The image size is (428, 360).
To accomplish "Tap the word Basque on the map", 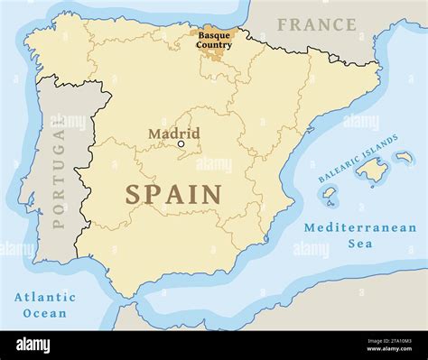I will [214, 34].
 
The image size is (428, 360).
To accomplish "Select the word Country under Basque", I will [214, 44].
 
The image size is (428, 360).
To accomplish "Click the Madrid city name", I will [173, 134].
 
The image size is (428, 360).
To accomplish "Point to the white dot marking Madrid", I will [181, 143].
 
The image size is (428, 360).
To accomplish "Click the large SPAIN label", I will [173, 194].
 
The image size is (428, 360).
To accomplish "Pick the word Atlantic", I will [45, 297].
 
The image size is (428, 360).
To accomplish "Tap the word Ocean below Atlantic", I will [45, 313].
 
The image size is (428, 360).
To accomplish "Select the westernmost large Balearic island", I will [330, 193].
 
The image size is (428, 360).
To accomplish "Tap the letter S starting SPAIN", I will [133, 194].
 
